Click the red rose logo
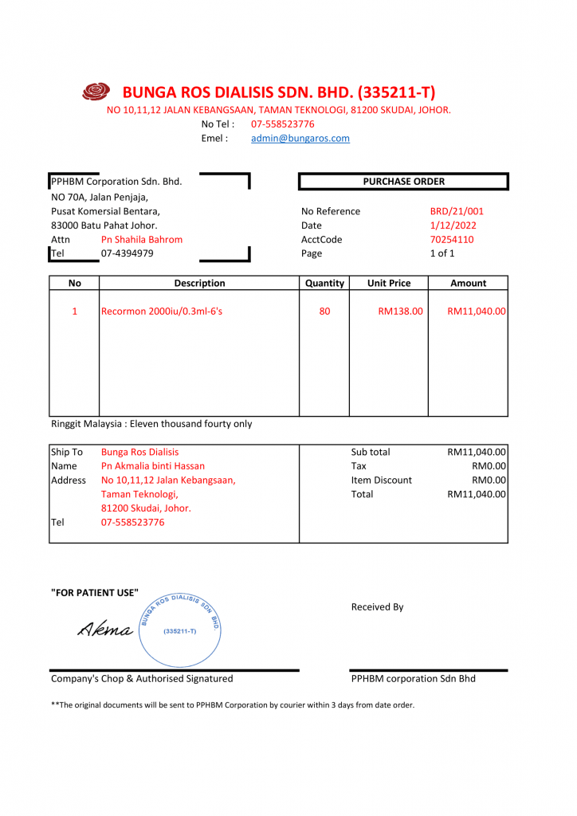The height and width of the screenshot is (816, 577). pos(96,92)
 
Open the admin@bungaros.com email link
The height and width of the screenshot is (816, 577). pos(300,138)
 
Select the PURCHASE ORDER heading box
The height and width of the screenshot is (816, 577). pos(403,182)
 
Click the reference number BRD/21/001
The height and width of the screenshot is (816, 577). pos(457,211)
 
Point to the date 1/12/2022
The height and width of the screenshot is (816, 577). pos(453,226)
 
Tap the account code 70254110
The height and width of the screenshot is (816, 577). pos(452,239)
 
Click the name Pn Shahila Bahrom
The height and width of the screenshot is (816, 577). pos(142,239)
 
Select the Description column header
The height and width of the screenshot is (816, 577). pos(199,283)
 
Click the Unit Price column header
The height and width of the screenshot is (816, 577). pos(389,283)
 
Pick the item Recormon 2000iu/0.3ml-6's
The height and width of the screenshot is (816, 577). pos(162,311)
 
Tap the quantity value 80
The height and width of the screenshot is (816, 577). pos(324,311)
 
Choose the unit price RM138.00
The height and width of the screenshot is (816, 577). pos(400,311)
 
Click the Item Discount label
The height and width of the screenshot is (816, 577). pos(382,480)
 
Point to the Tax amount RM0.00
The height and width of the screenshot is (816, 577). pos(489,466)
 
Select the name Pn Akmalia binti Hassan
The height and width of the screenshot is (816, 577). pos(153,466)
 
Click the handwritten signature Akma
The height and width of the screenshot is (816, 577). pos(105,630)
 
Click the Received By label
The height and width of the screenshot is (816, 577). pos(377,607)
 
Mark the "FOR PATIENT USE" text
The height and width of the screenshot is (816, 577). pos(95,592)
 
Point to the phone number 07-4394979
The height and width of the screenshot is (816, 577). pos(128,253)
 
